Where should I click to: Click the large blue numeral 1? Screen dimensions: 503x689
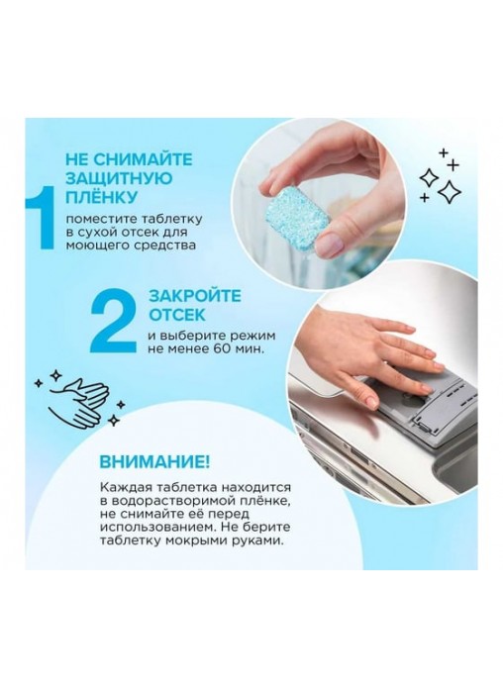coord(41,217)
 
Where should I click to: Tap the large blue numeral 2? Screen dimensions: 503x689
coord(113,321)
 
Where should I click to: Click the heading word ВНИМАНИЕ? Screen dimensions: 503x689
coord(154,462)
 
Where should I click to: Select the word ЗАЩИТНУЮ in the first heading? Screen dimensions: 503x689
coord(119,178)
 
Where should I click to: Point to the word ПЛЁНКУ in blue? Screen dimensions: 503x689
coord(101,198)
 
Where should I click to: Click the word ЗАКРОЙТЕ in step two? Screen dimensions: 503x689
coord(195,296)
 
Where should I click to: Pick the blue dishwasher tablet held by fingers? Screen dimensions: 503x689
coord(299,219)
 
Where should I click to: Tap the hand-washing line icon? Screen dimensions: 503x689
coord(79,398)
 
